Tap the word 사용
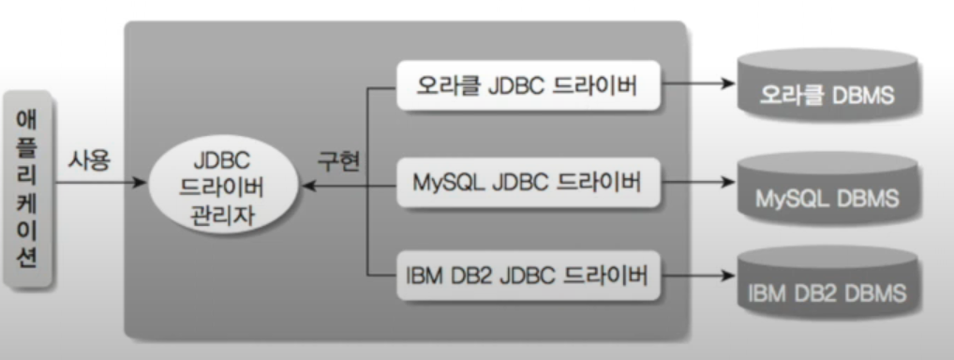(x=90, y=160)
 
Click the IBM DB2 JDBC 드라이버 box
(x=527, y=277)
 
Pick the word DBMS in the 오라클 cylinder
(x=859, y=96)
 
